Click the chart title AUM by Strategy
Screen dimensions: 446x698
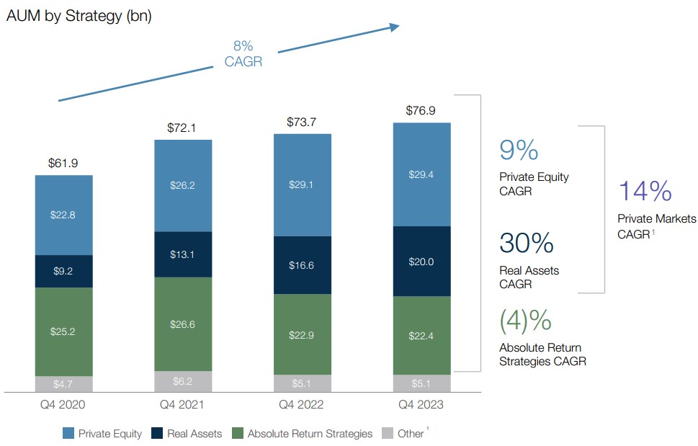(79, 16)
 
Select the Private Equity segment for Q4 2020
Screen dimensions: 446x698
(64, 215)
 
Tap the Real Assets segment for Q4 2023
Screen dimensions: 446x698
(421, 261)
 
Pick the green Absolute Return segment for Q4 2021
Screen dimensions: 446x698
(183, 324)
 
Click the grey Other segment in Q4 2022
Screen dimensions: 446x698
(302, 383)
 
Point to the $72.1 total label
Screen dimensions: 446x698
(183, 128)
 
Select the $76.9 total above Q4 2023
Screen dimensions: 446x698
(421, 111)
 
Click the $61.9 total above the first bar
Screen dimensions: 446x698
(63, 164)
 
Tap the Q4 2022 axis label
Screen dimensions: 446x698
(302, 405)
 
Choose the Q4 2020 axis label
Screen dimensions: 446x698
(63, 405)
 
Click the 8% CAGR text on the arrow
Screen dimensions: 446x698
(243, 54)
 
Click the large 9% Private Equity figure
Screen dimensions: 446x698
(519, 150)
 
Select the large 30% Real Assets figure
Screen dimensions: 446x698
(526, 243)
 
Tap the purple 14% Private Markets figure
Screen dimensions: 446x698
(645, 192)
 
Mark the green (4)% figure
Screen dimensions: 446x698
(525, 320)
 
